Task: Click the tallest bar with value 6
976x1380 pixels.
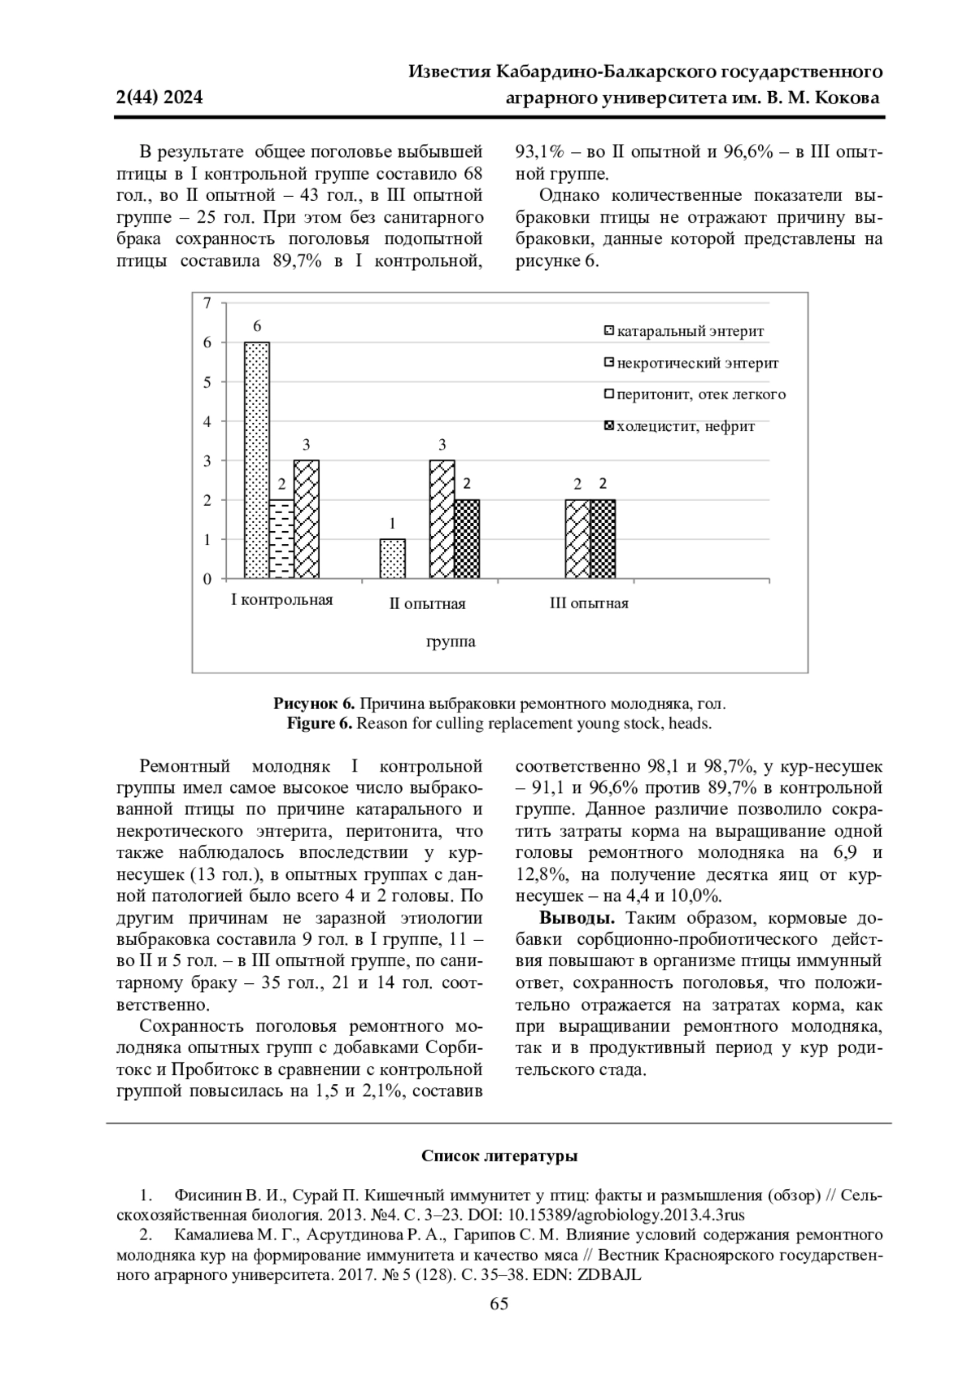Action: (257, 460)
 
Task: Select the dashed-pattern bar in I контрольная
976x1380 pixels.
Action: (281, 539)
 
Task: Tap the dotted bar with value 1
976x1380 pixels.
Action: (393, 559)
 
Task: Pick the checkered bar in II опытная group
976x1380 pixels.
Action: (467, 539)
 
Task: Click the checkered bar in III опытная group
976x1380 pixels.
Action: (603, 539)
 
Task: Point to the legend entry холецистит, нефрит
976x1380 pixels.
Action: (678, 426)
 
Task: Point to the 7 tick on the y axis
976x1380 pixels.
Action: (207, 303)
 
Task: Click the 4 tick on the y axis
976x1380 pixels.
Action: (207, 421)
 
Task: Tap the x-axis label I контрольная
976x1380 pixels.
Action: (282, 600)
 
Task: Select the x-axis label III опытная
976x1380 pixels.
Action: (589, 603)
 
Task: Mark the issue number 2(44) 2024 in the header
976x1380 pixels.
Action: (160, 98)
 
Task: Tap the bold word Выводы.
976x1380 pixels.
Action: (577, 918)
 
